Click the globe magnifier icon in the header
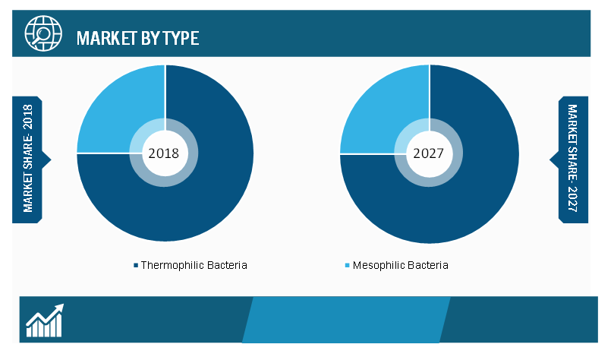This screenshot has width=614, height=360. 43,33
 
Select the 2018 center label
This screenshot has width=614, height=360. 164,153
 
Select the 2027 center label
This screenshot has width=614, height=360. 428,153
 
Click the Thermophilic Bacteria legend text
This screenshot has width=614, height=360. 194,265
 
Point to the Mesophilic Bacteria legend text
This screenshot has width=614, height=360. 400,265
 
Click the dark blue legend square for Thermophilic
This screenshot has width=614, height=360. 136,265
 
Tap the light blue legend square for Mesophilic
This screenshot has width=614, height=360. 347,265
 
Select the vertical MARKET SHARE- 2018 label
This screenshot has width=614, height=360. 28,158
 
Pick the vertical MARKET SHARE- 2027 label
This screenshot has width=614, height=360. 572,158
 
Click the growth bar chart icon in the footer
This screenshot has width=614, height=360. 45,321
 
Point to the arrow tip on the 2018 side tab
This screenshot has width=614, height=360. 51,159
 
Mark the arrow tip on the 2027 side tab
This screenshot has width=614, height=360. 549,159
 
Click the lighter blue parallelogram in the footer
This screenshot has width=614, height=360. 346,320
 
